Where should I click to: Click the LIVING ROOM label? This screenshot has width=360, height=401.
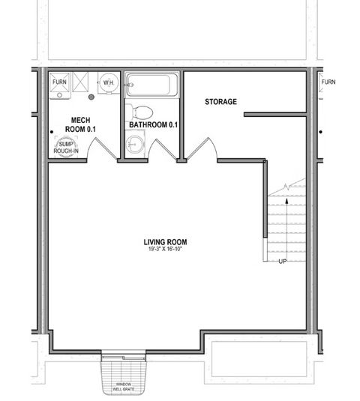pyautogui.click(x=165, y=241)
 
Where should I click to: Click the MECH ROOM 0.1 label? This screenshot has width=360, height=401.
pyautogui.click(x=81, y=124)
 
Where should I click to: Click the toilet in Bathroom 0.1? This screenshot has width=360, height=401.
pyautogui.click(x=139, y=112)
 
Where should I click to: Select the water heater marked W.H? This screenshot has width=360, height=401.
pyautogui.click(x=109, y=82)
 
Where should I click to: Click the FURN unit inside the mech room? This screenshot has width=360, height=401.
pyautogui.click(x=59, y=82)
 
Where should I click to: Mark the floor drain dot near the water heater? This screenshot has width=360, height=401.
pyautogui.click(x=91, y=97)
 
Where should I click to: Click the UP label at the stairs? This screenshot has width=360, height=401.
pyautogui.click(x=282, y=262)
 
